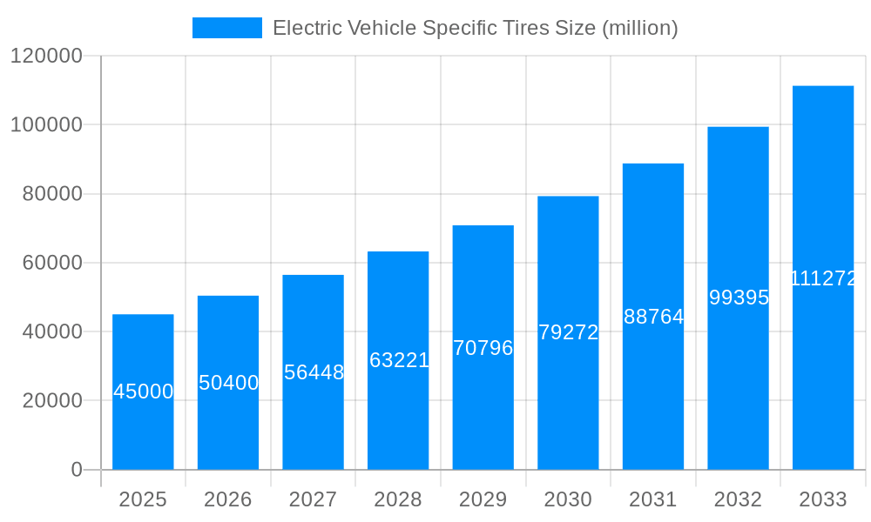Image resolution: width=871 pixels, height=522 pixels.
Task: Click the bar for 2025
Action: (x=143, y=391)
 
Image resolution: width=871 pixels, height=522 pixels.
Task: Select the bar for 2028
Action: (x=398, y=360)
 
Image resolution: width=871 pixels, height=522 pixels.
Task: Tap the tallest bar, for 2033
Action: (x=823, y=278)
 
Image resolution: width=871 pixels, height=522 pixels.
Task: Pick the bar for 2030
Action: (x=568, y=332)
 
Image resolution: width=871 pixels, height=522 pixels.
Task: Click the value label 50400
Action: (x=228, y=383)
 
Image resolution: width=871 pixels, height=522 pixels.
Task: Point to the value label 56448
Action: (x=314, y=372)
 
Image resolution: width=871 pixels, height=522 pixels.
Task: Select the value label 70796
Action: (x=483, y=348)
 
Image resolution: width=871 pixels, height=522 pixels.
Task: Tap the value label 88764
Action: (x=653, y=317)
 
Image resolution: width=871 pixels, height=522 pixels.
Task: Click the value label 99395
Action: (x=739, y=298)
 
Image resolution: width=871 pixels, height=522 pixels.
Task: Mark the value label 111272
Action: (x=823, y=278)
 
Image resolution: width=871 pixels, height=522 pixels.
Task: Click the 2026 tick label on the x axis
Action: (x=228, y=499)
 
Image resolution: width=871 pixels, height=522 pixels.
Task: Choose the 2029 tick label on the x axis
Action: (x=483, y=499)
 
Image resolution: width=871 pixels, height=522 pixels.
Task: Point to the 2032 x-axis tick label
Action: (x=739, y=499)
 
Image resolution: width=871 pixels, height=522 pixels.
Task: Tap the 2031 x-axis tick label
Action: (x=653, y=499)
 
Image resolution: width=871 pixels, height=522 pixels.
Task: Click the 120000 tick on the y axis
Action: (x=45, y=57)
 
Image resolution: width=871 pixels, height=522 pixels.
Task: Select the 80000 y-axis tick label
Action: (x=51, y=194)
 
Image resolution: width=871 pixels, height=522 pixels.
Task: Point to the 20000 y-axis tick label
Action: (x=51, y=401)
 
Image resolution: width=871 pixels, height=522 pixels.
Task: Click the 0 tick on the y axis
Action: (x=76, y=470)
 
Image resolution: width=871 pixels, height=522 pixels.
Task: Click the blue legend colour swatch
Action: (x=226, y=28)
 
